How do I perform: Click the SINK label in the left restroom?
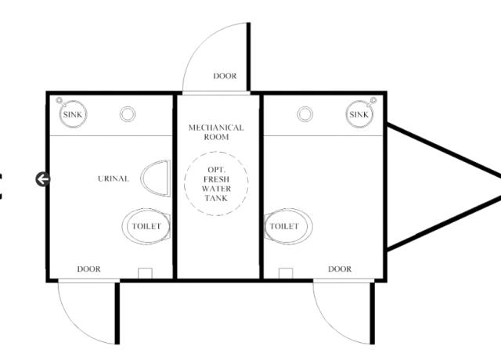(x=73, y=114)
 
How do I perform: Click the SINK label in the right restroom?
(x=359, y=114)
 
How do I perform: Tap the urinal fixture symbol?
(x=155, y=178)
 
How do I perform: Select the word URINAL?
(x=114, y=178)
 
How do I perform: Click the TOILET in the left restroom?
(x=146, y=226)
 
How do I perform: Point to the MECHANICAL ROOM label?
(x=216, y=132)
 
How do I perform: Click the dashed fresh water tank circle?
(x=216, y=152)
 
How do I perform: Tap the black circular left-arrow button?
(x=42, y=179)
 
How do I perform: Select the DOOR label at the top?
(x=225, y=76)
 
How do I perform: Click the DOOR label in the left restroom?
(x=88, y=269)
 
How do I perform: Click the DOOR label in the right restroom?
(x=340, y=269)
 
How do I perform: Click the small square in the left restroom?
(x=145, y=273)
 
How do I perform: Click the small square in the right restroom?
(x=286, y=273)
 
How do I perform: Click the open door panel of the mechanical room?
(x=249, y=57)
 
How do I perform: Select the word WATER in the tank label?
(x=216, y=189)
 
